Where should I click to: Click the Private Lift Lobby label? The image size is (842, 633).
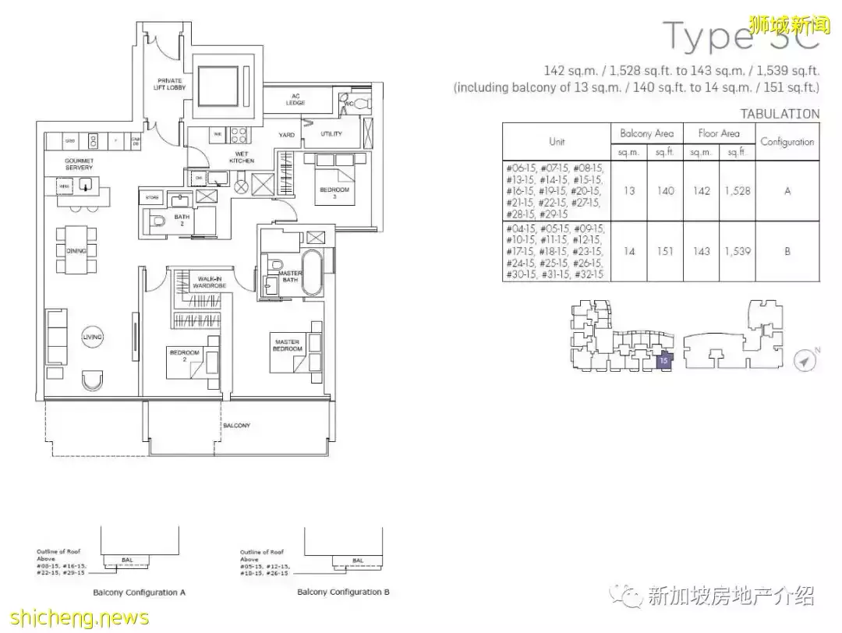[x=169, y=84]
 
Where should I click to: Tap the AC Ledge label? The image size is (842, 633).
[x=296, y=100]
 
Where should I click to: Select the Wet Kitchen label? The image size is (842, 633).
[x=242, y=157]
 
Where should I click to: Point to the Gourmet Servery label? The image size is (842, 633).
[x=79, y=164]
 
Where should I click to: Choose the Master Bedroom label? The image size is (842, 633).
[x=287, y=344]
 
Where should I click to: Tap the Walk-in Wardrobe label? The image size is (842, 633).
[x=211, y=282]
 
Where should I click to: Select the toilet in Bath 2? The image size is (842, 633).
[x=158, y=221]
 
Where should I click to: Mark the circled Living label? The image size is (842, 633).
[x=93, y=337]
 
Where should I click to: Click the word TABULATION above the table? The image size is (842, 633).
[x=780, y=114]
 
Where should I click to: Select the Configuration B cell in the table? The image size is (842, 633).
[x=787, y=252]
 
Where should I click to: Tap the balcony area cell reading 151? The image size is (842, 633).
[x=665, y=252]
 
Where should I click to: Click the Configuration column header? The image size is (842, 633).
[x=787, y=142]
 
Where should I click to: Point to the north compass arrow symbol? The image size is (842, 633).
[x=805, y=361]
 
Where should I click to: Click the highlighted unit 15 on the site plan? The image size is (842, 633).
[x=663, y=360]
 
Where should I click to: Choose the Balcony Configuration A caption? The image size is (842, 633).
[x=139, y=592]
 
